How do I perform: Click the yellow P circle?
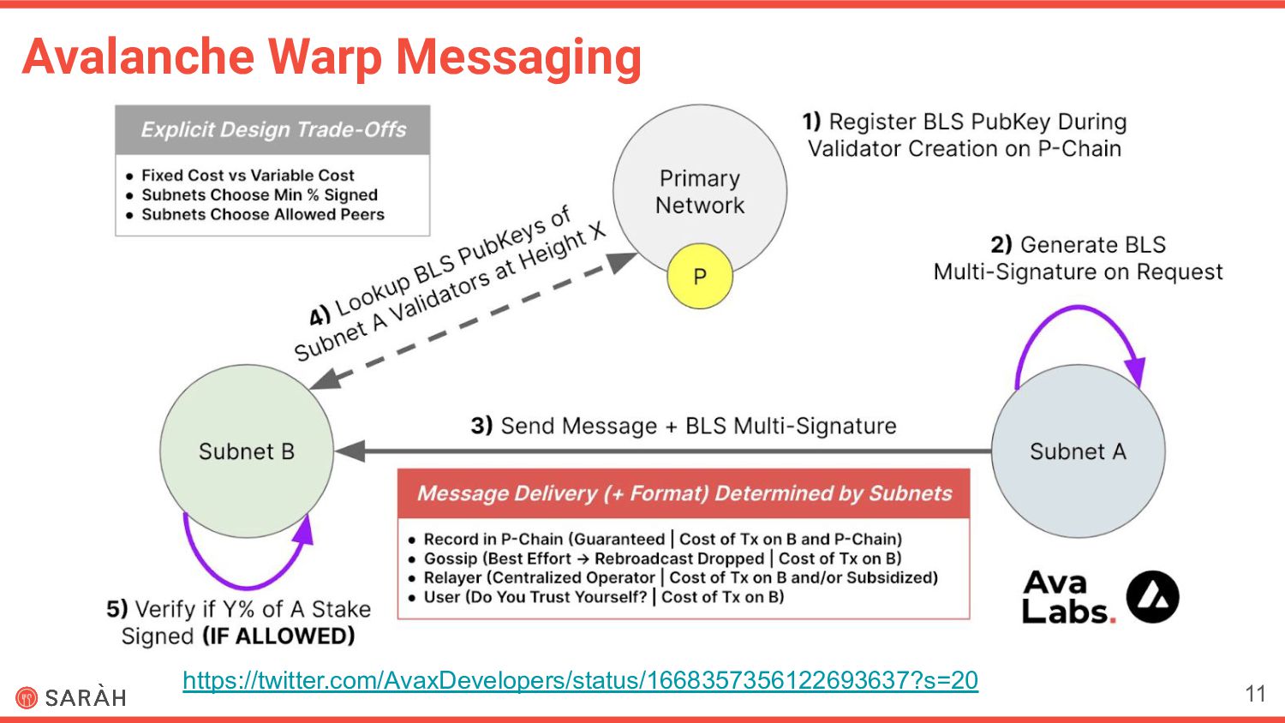pos(700,277)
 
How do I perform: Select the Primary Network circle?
pos(699,180)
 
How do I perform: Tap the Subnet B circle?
pos(247,451)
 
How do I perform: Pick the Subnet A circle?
pos(1078,451)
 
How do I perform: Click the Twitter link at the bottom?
pos(580,680)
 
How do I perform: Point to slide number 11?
pos(1255,693)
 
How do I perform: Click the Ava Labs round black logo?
pos(1152,597)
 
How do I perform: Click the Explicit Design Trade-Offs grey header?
pos(272,130)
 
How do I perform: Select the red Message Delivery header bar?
pos(684,493)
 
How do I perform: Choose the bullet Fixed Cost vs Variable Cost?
pos(248,176)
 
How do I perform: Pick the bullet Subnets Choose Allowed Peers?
pos(262,214)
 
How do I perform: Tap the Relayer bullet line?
pos(680,577)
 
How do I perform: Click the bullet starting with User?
pos(603,597)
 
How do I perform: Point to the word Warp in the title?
pos(325,57)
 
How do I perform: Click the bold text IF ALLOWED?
pos(278,636)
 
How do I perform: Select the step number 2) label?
pos(1001,245)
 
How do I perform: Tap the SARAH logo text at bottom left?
pos(85,697)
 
